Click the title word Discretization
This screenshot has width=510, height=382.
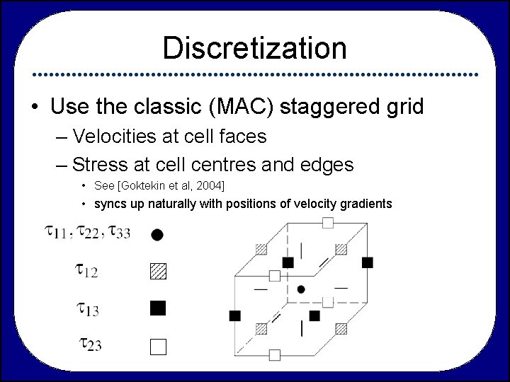[x=254, y=48]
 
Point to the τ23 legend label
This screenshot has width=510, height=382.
[x=91, y=345]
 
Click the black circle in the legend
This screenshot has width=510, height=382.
[x=157, y=233]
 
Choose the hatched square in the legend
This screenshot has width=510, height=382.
[x=157, y=270]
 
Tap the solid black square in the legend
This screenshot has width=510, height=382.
[x=157, y=308]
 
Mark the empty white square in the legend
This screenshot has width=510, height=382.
[x=157, y=346]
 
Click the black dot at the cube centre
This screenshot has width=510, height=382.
[x=302, y=289]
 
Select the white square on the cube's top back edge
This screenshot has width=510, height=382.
[x=327, y=224]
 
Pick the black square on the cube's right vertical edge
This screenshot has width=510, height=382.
[x=367, y=262]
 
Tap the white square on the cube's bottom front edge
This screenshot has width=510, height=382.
[x=275, y=354]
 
